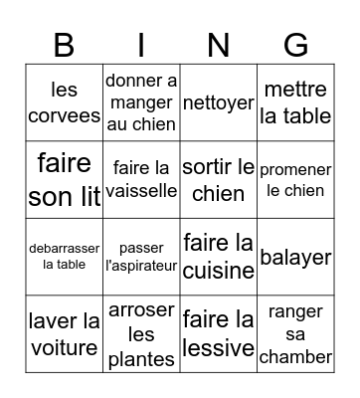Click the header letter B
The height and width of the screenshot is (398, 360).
[x=64, y=45]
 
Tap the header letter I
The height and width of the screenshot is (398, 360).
[x=140, y=45]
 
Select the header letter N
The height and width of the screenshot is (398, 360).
[x=218, y=45]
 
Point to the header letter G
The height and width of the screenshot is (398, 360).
[x=295, y=45]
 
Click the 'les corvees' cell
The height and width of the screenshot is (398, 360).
[x=64, y=102]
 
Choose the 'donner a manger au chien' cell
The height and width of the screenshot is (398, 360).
[x=140, y=102]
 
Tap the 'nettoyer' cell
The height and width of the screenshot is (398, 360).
[x=218, y=102]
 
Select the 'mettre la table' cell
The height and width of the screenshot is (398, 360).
[x=295, y=102]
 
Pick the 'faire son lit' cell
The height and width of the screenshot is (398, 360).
[x=64, y=179]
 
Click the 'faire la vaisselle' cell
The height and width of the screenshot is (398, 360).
[x=140, y=179]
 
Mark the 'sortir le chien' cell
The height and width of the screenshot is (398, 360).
[x=218, y=179]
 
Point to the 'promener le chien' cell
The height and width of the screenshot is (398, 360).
[x=295, y=179]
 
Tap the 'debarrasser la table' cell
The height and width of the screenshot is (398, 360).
[x=64, y=257]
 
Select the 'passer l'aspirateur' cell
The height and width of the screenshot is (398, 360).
[x=140, y=257]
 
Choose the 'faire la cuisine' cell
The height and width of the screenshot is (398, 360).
[x=218, y=257]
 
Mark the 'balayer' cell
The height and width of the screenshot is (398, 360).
[x=295, y=257]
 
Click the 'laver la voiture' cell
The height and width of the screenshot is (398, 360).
[x=64, y=334]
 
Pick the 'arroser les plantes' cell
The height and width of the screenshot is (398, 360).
[x=140, y=334]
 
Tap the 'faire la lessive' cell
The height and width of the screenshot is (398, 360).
[x=218, y=334]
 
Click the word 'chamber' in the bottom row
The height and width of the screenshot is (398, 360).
[x=295, y=357]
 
